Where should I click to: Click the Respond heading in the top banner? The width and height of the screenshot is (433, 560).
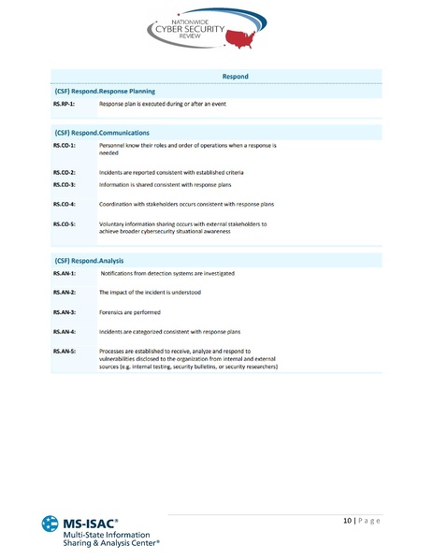(235, 76)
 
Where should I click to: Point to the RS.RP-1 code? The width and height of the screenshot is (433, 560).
(64, 105)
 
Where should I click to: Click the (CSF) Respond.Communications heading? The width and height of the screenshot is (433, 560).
(101, 133)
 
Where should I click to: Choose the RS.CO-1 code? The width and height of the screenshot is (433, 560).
(65, 147)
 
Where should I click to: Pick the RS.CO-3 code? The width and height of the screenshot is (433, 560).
(65, 186)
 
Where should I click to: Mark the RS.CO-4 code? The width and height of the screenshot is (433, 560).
(65, 204)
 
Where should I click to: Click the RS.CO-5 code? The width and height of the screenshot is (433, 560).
(65, 224)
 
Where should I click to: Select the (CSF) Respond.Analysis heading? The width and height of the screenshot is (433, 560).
(89, 260)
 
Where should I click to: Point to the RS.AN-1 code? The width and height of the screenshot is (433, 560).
(65, 273)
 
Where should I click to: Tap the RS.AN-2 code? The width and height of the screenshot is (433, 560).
(65, 293)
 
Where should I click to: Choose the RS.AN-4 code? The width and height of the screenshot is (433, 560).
(65, 332)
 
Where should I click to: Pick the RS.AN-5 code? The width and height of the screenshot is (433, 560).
(65, 352)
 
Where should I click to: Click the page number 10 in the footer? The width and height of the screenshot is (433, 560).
(347, 520)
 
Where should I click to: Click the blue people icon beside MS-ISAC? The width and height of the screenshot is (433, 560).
(50, 526)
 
